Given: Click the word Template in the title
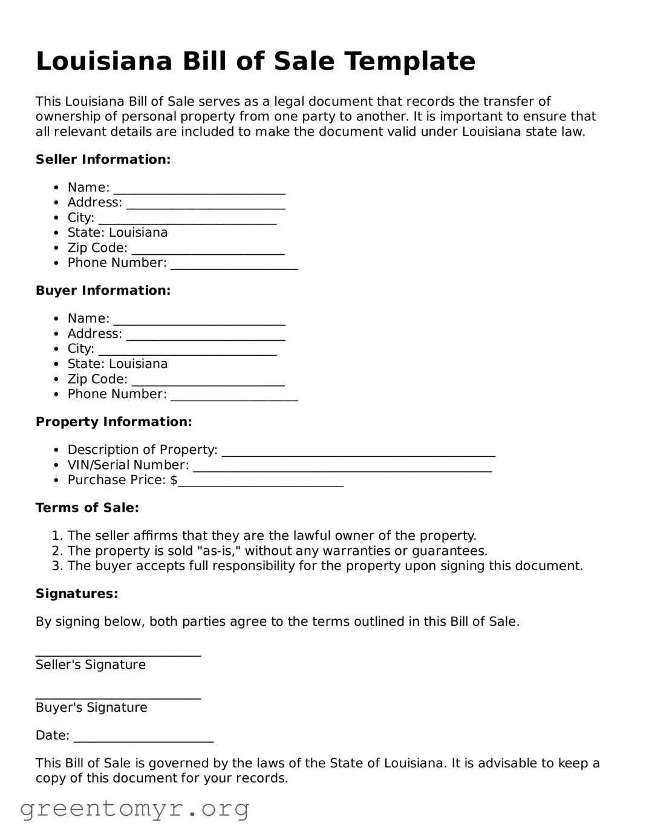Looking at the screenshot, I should click(409, 62).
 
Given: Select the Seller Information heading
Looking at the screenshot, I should click(103, 160).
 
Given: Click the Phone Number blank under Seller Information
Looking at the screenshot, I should click(234, 264).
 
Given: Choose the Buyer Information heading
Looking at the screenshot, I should click(103, 290).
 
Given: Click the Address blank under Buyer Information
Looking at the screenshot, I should click(206, 335).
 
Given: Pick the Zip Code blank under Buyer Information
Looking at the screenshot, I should click(207, 381).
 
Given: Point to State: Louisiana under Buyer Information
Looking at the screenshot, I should click(117, 364).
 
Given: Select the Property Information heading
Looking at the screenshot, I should click(114, 422).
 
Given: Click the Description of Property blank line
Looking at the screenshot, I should click(358, 451).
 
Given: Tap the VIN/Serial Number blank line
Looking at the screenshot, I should click(342, 467).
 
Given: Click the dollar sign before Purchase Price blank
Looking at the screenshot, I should click(174, 481).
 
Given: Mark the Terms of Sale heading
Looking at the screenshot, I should click(87, 508).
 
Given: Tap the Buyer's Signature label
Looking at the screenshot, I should click(91, 707).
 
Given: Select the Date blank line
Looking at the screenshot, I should click(143, 737).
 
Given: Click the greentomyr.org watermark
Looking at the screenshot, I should click(134, 809).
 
